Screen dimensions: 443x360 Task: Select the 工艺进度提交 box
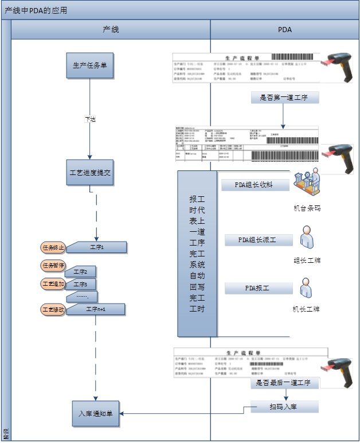(90, 173)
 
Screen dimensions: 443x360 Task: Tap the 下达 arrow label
(90, 119)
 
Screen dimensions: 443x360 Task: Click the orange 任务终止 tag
(53, 247)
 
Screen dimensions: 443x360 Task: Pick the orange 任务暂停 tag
(53, 266)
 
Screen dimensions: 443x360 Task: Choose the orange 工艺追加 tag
(53, 284)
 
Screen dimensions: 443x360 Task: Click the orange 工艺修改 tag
(53, 309)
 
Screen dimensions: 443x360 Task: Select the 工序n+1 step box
(96, 309)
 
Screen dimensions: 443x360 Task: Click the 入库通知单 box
(95, 413)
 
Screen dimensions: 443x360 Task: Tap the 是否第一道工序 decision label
(284, 98)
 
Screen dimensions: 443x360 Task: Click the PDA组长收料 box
(254, 185)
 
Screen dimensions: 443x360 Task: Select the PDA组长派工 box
(257, 240)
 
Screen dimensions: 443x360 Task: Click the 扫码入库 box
(284, 406)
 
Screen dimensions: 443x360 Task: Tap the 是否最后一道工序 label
(284, 382)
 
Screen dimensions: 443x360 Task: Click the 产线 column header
(111, 29)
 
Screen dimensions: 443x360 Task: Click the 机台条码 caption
(307, 208)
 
